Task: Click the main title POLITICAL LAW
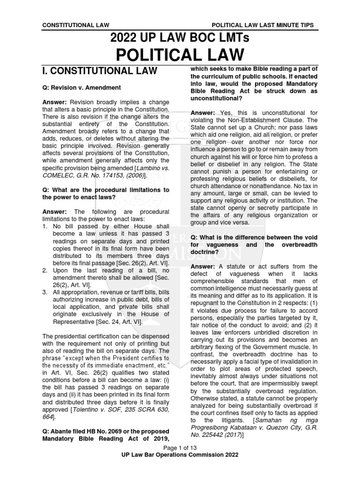[x=180, y=55]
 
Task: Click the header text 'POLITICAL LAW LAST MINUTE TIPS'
[x=263, y=25]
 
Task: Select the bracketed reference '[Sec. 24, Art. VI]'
[x=116, y=322]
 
